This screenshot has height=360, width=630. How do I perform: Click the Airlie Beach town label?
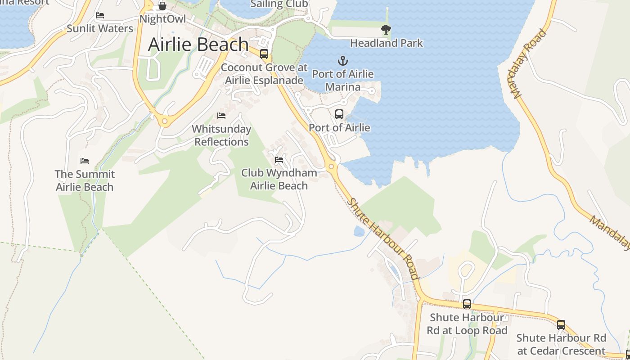198,45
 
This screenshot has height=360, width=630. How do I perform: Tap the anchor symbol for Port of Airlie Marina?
343,60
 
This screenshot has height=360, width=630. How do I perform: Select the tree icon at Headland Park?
386,30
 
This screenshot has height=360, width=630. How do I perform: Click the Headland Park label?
387,43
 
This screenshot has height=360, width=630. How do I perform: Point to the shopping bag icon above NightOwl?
162,6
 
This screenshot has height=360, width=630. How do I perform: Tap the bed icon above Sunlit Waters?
100,15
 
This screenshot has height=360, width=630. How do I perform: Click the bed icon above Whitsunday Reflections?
221,116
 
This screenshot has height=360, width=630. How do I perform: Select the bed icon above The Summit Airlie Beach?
85,161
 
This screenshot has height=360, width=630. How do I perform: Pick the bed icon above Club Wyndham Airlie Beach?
279,160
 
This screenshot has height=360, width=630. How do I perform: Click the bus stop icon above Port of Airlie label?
339,114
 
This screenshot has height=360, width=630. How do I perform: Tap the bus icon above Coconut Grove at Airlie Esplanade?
264,54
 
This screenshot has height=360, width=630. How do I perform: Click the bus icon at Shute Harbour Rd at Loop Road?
467,304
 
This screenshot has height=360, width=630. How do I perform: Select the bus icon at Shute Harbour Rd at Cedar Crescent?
561,324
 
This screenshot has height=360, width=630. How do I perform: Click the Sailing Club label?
279,4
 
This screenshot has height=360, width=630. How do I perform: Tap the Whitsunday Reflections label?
221,135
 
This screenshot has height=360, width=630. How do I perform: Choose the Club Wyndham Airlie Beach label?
279,179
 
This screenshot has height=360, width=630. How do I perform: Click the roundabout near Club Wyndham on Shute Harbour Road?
332,166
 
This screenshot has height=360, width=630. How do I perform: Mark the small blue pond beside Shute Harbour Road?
359,231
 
